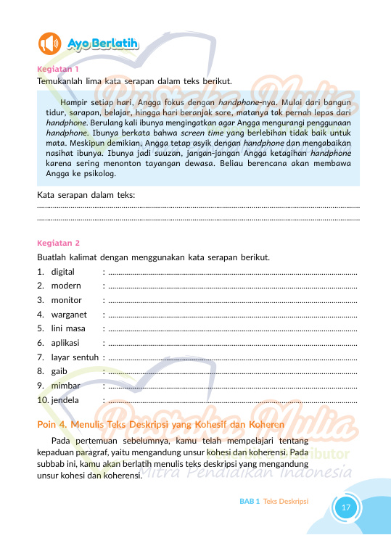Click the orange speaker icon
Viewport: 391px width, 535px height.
pos(51,44)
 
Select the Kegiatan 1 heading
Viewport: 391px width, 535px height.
pos(57,70)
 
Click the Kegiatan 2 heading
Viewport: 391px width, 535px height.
pos(58,243)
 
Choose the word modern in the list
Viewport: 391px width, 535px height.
pos(67,286)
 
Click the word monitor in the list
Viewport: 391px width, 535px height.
pos(67,300)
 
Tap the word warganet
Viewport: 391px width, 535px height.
pos(69,315)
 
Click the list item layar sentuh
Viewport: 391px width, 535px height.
pos(75,357)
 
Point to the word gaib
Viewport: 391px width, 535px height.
pos(59,371)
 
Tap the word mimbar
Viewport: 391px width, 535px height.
pos(66,385)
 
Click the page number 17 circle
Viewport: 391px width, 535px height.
pos(346,507)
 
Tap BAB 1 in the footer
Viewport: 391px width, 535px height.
pos(250,501)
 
